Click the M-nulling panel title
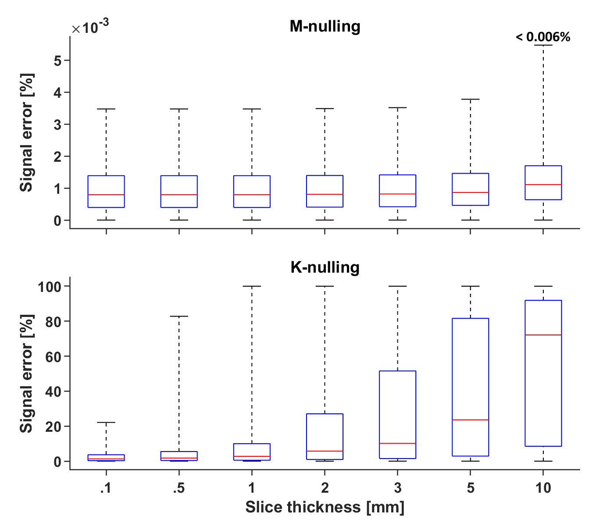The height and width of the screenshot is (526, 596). [x=325, y=26]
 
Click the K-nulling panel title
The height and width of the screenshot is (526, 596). [x=325, y=267]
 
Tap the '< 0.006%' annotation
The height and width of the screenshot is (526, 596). [x=543, y=37]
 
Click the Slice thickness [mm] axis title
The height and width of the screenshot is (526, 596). [x=325, y=507]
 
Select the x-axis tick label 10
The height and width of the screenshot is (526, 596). [x=543, y=488]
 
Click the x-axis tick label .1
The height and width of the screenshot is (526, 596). [x=106, y=488]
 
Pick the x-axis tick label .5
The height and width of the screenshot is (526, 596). [x=178, y=488]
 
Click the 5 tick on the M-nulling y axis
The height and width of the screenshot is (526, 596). [x=57, y=60]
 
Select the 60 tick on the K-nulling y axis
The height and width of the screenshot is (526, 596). [x=53, y=356]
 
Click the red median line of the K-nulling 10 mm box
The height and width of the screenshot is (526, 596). [x=543, y=335]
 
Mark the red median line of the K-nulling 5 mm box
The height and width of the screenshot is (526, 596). [x=470, y=420]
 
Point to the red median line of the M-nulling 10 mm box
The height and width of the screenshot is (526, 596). [x=543, y=185]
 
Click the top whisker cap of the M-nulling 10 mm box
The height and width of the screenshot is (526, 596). [x=543, y=45]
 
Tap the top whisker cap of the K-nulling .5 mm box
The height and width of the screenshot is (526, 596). [x=178, y=316]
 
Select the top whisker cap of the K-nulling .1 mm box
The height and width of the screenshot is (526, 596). [x=106, y=423]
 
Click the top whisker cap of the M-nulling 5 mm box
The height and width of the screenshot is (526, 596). [x=470, y=100]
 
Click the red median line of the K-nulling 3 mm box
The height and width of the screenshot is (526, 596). [x=397, y=444]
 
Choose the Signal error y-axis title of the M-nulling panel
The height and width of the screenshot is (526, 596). [x=27, y=132]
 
